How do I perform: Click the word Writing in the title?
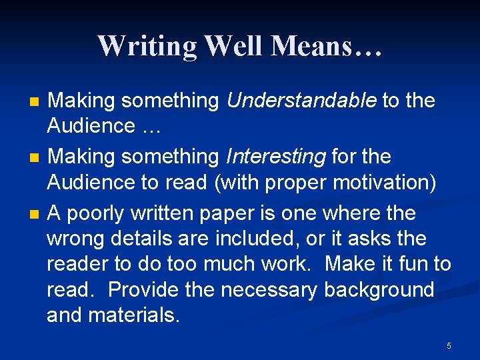point(147,47)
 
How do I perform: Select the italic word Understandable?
point(302,101)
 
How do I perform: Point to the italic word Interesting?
point(276,157)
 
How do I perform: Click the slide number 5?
point(449,345)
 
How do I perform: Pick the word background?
point(379,290)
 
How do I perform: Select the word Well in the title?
point(235,47)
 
